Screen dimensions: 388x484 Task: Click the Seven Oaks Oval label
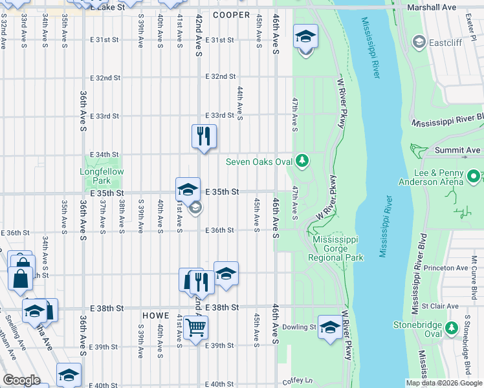pos(259,161)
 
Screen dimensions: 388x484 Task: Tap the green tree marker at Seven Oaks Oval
pos(301,160)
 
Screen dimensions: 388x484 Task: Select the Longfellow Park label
pos(102,172)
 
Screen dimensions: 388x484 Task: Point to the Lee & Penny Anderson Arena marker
pos(473,176)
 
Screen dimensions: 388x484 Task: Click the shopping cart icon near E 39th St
pos(195,327)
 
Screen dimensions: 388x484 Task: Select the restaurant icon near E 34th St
pos(204,136)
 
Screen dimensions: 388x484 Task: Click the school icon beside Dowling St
pos(330,327)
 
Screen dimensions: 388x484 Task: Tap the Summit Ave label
pos(460,150)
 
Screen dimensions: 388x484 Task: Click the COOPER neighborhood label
pos(231,15)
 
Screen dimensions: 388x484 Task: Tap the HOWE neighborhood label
pos(155,315)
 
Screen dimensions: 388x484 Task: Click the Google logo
pos(21,380)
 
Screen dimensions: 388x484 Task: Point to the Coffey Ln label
pos(297,382)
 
